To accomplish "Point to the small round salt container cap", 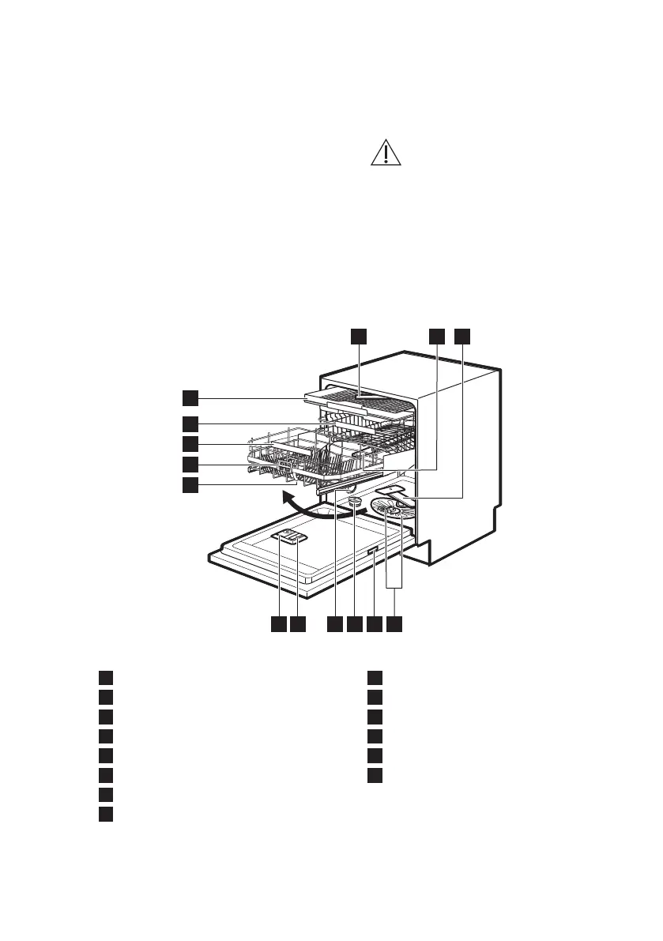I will tap(354, 500).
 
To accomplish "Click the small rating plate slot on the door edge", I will tap(373, 552).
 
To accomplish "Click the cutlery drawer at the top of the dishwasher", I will tap(360, 405).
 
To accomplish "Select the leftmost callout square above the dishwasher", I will tap(360, 336).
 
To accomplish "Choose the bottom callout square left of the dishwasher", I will tap(190, 484).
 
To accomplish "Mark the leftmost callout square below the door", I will tap(277, 624).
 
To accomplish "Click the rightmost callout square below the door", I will tap(394, 624).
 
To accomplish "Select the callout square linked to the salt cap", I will tap(354, 624).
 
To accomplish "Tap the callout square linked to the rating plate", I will tap(375, 624).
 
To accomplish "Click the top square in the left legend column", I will tap(106, 677).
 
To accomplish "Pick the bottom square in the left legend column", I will tap(106, 813).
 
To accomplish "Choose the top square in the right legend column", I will tap(375, 677).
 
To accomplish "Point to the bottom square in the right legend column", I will tap(375, 774).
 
